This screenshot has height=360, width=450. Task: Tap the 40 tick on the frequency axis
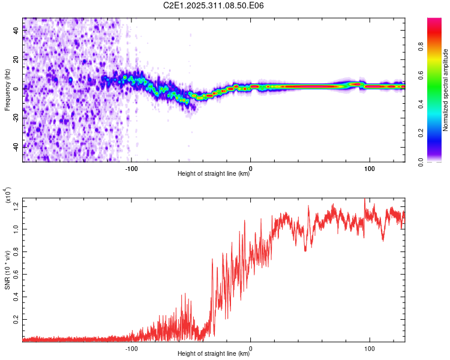click(x=17, y=31)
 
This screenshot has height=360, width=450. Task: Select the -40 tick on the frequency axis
click(x=17, y=146)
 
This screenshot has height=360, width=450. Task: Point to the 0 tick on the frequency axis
click(x=17, y=89)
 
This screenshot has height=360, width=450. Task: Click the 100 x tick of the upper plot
click(x=370, y=167)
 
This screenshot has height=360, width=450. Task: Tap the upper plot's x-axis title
click(x=214, y=174)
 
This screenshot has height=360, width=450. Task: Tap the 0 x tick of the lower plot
click(x=251, y=347)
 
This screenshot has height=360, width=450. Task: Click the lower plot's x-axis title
click(x=214, y=354)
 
